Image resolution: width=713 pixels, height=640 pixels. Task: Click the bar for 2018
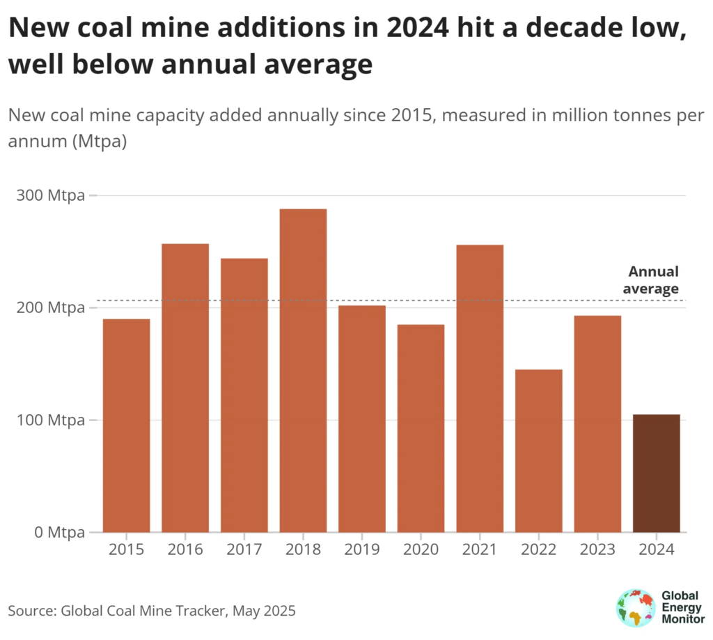(303, 370)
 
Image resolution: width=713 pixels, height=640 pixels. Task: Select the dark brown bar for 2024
(656, 473)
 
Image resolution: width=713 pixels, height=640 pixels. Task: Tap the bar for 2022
(538, 450)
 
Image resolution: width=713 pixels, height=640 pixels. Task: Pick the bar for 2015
(127, 425)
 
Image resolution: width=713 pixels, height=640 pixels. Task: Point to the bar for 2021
(480, 388)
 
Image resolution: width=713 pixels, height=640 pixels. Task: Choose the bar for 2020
(421, 428)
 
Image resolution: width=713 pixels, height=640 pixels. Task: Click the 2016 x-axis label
(185, 549)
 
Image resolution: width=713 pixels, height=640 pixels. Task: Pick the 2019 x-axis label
(361, 549)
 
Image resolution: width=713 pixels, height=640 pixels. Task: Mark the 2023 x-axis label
(597, 549)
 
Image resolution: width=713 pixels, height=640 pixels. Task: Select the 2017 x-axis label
(244, 549)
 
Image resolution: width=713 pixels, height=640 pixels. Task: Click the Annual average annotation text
(653, 280)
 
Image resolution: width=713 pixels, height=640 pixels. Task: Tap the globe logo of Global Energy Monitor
(635, 608)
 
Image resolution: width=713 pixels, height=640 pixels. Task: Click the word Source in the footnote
(31, 611)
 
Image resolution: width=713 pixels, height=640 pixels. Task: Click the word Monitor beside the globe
(682, 619)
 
